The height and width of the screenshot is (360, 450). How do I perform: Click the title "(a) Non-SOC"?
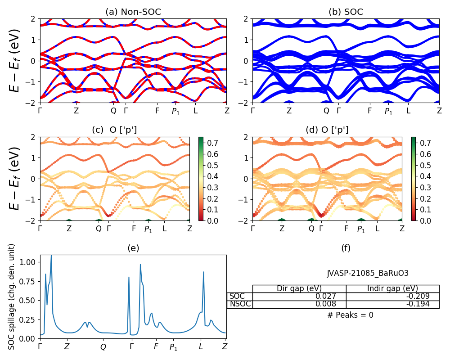133,12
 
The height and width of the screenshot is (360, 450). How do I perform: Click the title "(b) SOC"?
346,12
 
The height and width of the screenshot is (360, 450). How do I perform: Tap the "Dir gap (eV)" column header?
299,289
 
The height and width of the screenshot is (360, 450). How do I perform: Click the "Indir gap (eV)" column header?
392,289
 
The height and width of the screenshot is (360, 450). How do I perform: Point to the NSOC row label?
239,304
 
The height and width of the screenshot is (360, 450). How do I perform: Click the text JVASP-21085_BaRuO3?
368,273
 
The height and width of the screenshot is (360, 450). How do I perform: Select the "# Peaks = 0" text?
350,315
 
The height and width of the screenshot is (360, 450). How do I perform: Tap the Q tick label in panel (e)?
103,347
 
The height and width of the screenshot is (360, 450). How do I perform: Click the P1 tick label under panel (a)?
175,111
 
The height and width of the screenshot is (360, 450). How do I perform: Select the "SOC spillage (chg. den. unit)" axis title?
12,297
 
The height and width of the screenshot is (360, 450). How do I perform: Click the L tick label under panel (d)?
377,229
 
